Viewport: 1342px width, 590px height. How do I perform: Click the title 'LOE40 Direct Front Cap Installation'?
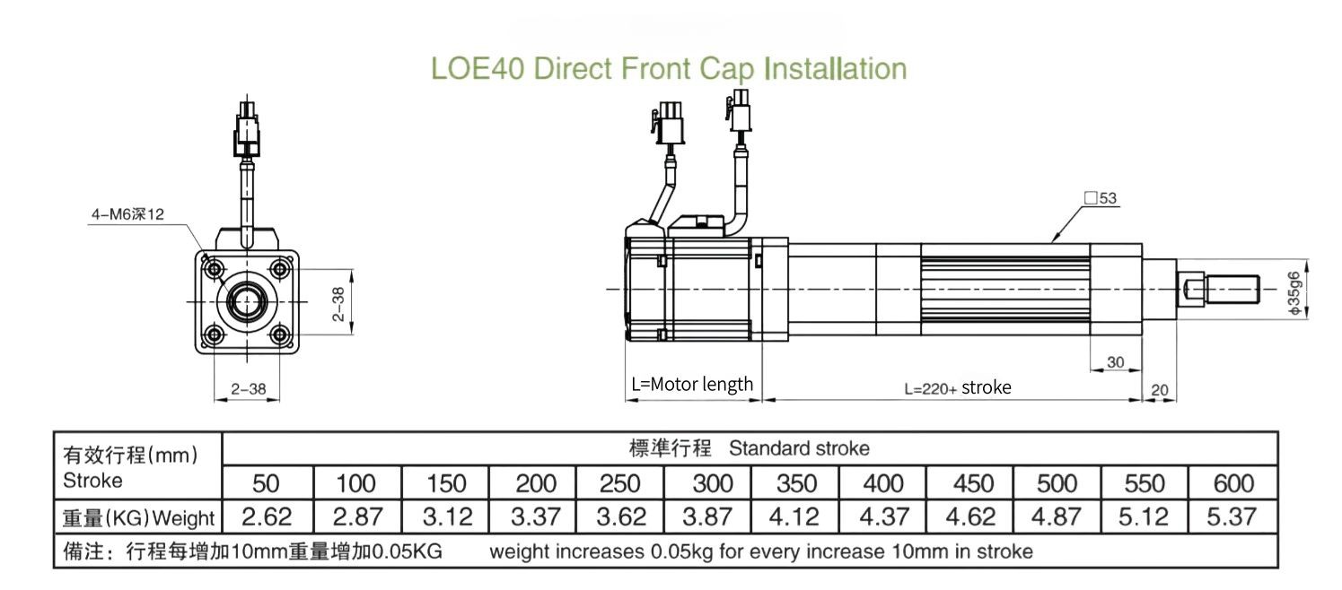click(669, 68)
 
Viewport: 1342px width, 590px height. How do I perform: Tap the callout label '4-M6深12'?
click(127, 214)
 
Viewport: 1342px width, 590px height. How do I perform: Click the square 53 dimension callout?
click(1101, 198)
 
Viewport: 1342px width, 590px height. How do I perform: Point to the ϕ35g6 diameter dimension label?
click(1294, 292)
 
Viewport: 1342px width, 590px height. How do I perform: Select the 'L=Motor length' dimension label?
click(692, 384)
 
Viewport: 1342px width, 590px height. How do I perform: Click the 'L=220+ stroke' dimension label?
click(958, 387)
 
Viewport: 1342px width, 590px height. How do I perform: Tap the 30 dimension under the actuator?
click(1115, 362)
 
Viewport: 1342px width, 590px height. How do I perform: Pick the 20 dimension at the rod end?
click(1159, 390)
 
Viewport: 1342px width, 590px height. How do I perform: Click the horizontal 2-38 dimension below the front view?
click(248, 389)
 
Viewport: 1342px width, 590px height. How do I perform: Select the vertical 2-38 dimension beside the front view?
click(338, 304)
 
